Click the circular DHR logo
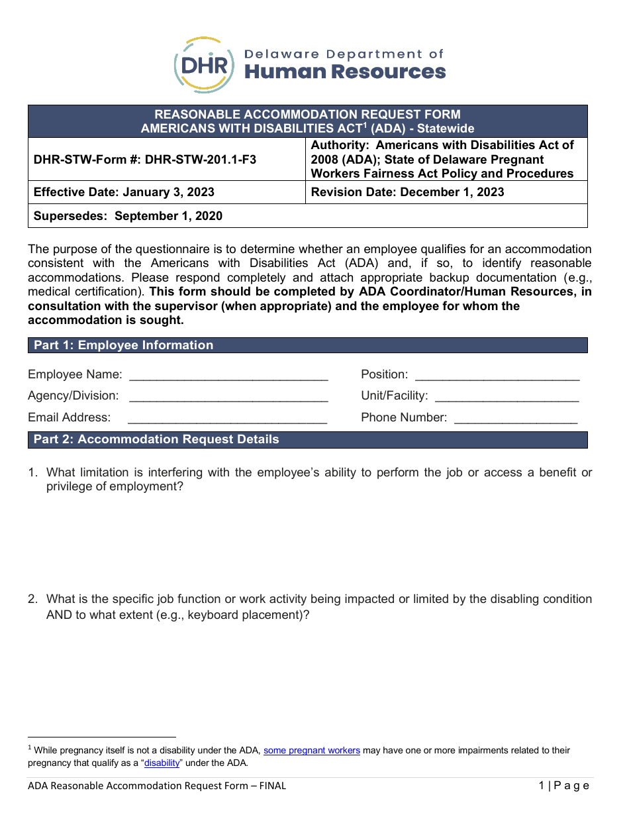pyautogui.click(x=204, y=65)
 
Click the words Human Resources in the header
pyautogui.click(x=345, y=72)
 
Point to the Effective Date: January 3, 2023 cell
pyautogui.click(x=124, y=192)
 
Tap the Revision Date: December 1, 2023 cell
pyautogui.click(x=407, y=192)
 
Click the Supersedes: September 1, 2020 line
pyautogui.click(x=128, y=216)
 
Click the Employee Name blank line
pyautogui.click(x=228, y=376)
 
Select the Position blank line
pyautogui.click(x=497, y=376)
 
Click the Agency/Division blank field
pyautogui.click(x=228, y=397)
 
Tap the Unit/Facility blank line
pyautogui.click(x=507, y=397)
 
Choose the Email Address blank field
pyautogui.click(x=227, y=418)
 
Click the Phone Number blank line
pyautogui.click(x=516, y=418)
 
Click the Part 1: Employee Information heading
pyautogui.click(x=123, y=345)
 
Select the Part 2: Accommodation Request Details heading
pyautogui.click(x=156, y=440)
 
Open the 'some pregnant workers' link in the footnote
pyautogui.click(x=312, y=751)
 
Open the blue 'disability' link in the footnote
pyautogui.click(x=162, y=763)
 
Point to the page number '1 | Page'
pyautogui.click(x=563, y=786)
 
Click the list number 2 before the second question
pyautogui.click(x=32, y=599)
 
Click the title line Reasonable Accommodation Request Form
pyautogui.click(x=307, y=114)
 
